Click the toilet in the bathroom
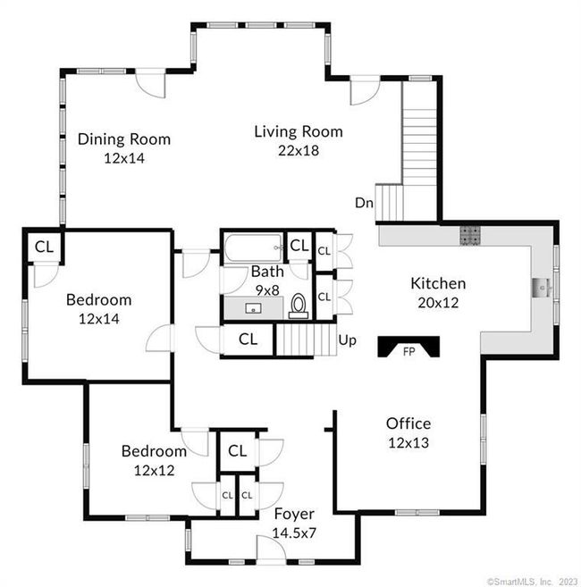pyautogui.click(x=299, y=306)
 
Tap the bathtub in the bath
pyautogui.click(x=254, y=247)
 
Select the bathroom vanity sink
pyautogui.click(x=253, y=308)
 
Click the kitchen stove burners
pyautogui.click(x=470, y=236)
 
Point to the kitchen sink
pyautogui.click(x=541, y=288)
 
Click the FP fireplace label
pyautogui.click(x=408, y=352)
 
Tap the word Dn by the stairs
pyautogui.click(x=364, y=203)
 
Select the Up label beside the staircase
pyautogui.click(x=347, y=340)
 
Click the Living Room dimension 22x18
pyautogui.click(x=299, y=150)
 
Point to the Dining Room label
pyautogui.click(x=124, y=138)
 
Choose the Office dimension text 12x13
pyautogui.click(x=408, y=443)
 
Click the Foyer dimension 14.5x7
pyautogui.click(x=294, y=532)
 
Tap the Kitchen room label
pyautogui.click(x=438, y=283)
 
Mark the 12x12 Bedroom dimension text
pyautogui.click(x=155, y=471)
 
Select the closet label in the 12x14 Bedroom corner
pyautogui.click(x=44, y=247)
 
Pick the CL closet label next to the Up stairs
pyautogui.click(x=248, y=340)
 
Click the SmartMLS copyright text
pyautogui.click(x=533, y=582)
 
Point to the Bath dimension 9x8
pyautogui.click(x=267, y=290)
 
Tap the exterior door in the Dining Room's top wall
pyautogui.click(x=150, y=83)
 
